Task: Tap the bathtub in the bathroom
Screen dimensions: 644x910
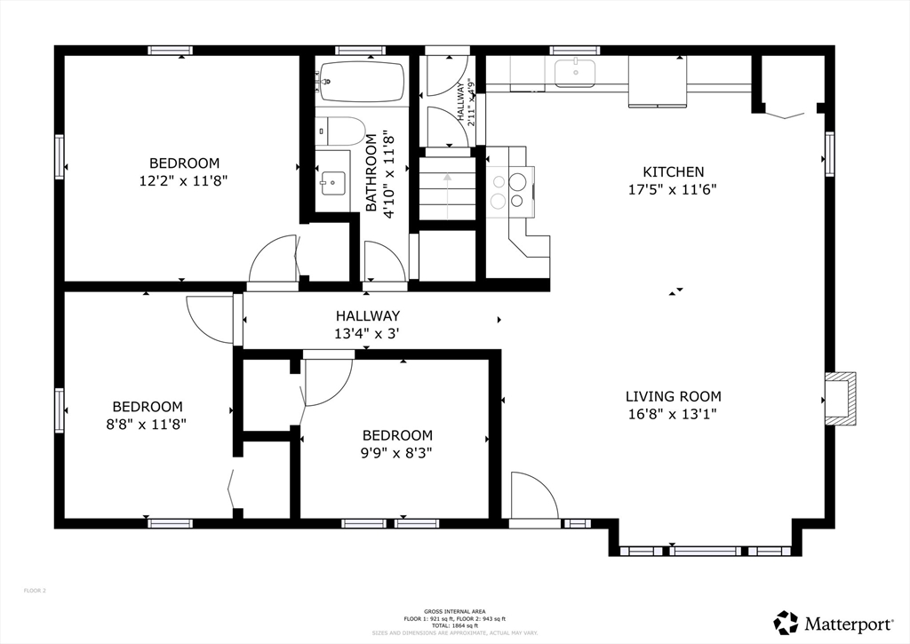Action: coord(360,83)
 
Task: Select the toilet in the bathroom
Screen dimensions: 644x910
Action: coord(342,131)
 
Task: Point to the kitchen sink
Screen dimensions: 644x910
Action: coord(576,74)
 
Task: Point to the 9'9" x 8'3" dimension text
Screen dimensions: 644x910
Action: coord(397,452)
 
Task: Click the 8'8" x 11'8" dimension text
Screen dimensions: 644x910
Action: coord(146,424)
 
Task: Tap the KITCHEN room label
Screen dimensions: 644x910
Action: coord(673,171)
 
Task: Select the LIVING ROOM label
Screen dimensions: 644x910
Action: coord(673,396)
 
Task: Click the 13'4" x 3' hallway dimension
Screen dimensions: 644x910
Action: coord(367,333)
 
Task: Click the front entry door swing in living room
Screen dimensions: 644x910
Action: coord(532,496)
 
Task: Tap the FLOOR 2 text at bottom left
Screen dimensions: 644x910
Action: coord(35,591)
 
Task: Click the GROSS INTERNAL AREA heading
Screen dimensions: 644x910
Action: coord(454,612)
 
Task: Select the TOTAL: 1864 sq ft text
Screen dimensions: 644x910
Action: coord(454,625)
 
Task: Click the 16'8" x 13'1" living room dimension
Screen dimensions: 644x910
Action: coord(673,414)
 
